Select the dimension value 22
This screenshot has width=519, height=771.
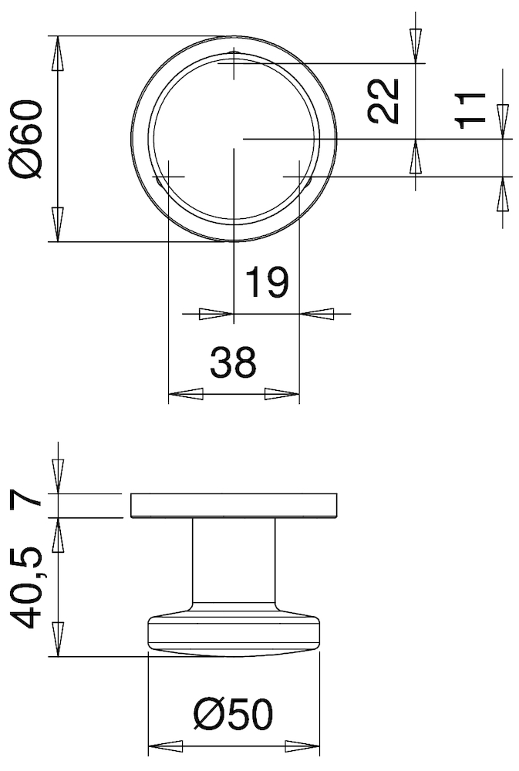383,100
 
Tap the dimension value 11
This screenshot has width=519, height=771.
470,109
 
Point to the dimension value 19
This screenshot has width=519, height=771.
266,283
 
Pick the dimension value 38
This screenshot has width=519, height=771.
233,362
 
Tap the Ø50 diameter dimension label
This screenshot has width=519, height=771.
233,716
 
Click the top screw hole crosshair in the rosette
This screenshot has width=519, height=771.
234,63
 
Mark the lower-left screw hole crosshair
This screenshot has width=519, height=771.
168,177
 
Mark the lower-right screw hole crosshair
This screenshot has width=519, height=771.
298,177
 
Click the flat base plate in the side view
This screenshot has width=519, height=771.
234,505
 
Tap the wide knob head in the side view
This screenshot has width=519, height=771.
234,632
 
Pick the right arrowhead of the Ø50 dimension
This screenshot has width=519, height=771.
303,746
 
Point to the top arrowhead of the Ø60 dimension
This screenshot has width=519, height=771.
57,54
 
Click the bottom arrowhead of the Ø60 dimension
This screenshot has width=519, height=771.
57,224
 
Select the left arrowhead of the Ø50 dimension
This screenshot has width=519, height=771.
164,746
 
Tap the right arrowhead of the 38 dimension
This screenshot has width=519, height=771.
281,394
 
